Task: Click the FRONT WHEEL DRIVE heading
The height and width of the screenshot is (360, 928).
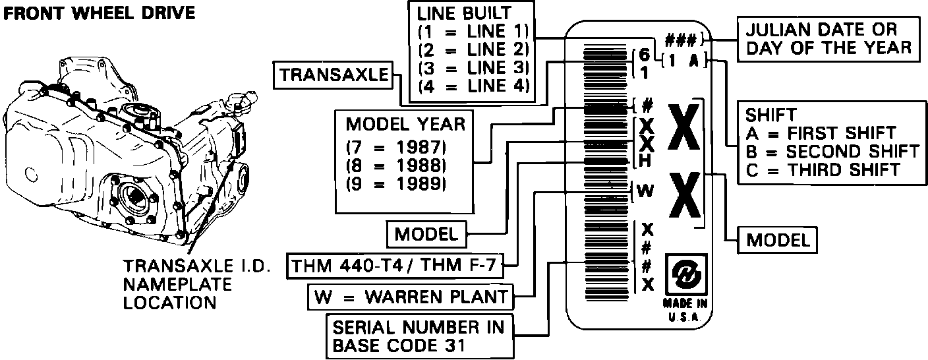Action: (x=100, y=13)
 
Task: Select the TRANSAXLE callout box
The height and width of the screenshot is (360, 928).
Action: (x=333, y=76)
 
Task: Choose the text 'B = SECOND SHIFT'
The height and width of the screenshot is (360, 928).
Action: (x=832, y=151)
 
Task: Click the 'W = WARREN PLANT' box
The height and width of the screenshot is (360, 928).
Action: (x=410, y=297)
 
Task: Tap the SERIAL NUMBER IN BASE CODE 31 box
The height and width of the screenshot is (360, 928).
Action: (x=419, y=336)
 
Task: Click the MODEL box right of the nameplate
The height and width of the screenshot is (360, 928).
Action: (x=777, y=240)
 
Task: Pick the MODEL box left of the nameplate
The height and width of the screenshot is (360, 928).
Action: (x=426, y=233)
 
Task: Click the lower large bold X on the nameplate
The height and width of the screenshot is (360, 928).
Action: (x=683, y=195)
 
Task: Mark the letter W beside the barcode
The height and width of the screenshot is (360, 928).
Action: (x=646, y=191)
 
